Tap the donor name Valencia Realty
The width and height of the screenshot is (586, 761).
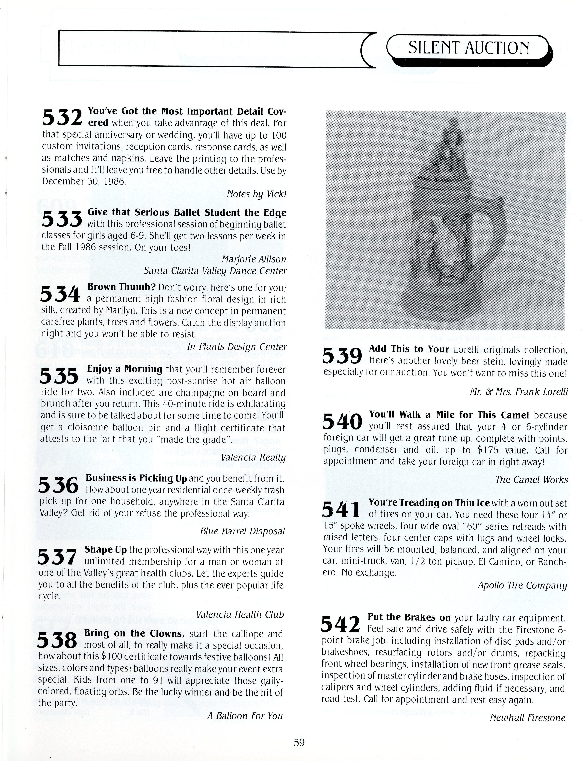click(253, 457)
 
